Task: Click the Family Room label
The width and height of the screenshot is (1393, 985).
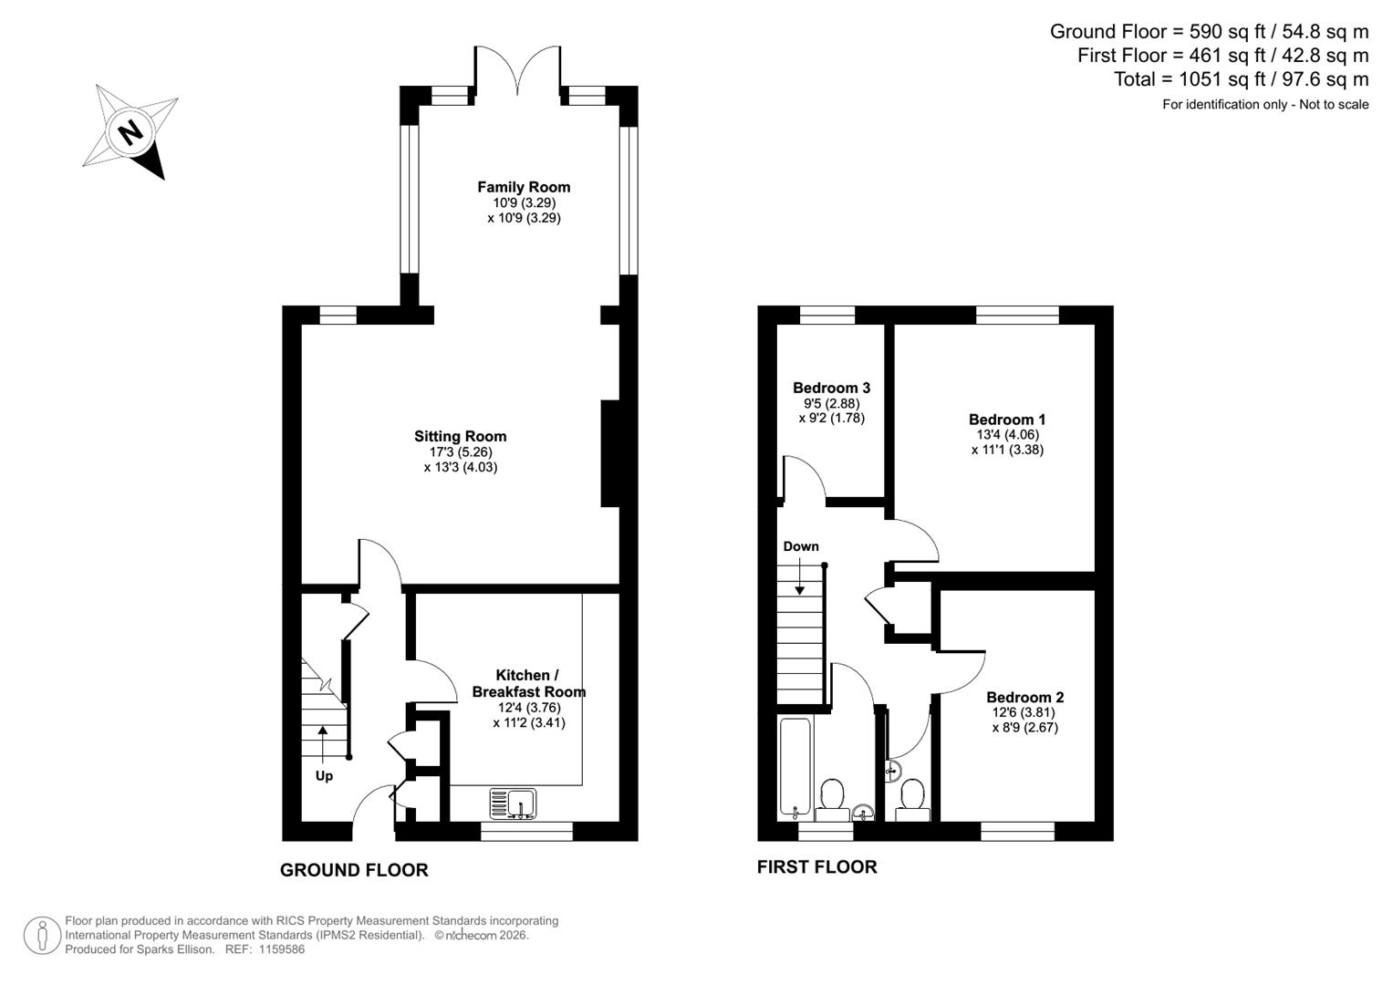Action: pyautogui.click(x=524, y=187)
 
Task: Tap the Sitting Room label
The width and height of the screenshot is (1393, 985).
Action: pyautogui.click(x=460, y=436)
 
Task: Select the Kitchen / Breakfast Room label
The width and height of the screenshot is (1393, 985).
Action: pyautogui.click(x=528, y=683)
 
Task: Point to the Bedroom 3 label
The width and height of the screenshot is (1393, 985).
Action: pyautogui.click(x=826, y=388)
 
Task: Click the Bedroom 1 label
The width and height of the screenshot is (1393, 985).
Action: pyautogui.click(x=1007, y=420)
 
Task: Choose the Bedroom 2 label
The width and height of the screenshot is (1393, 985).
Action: pyautogui.click(x=1024, y=697)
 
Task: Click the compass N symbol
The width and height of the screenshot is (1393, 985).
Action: pyautogui.click(x=131, y=133)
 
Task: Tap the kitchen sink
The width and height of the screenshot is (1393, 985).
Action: pyautogui.click(x=514, y=804)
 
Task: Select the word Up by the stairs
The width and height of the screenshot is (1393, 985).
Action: pyautogui.click(x=324, y=776)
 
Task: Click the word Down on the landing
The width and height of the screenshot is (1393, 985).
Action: pyautogui.click(x=801, y=546)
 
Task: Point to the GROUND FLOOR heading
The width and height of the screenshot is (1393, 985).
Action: pyautogui.click(x=354, y=870)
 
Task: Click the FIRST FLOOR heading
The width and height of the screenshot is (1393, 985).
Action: pyautogui.click(x=816, y=867)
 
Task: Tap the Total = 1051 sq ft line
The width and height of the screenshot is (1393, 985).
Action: pyautogui.click(x=1241, y=79)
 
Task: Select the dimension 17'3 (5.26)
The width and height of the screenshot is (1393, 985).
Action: pyautogui.click(x=460, y=451)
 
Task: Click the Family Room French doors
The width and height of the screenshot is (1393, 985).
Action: pyautogui.click(x=517, y=68)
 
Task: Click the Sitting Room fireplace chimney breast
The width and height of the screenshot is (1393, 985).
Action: pyautogui.click(x=609, y=452)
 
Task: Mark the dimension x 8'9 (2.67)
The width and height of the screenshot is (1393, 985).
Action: pyautogui.click(x=1024, y=728)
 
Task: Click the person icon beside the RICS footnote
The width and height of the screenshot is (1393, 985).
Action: pyautogui.click(x=42, y=936)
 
